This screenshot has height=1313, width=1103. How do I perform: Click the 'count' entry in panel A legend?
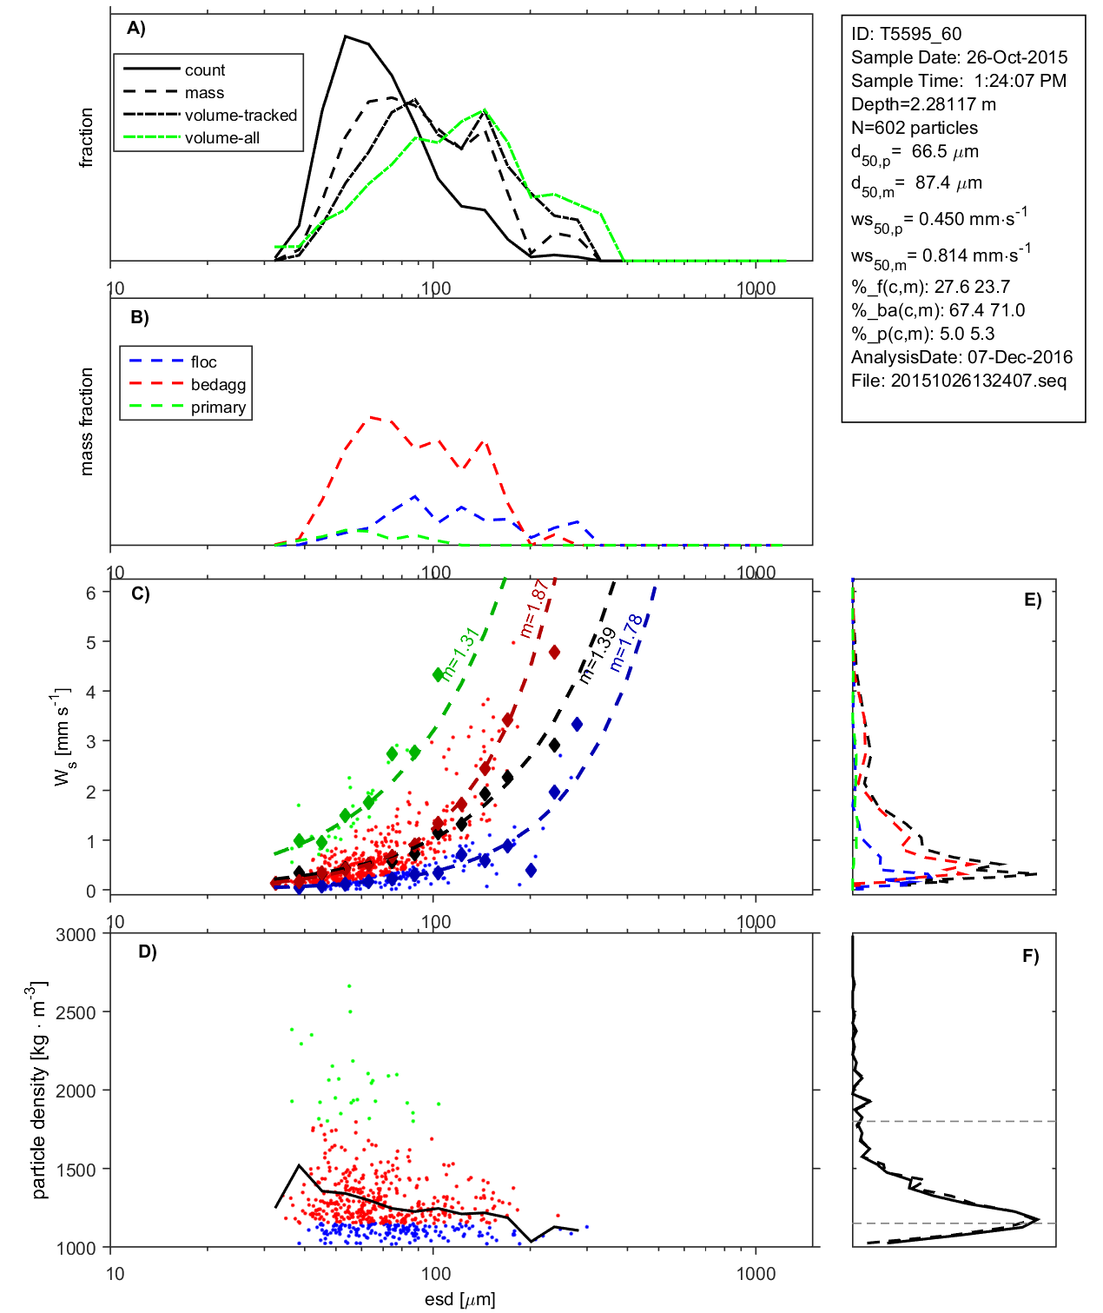[x=204, y=70]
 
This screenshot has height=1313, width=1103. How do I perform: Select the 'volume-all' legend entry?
[x=221, y=138]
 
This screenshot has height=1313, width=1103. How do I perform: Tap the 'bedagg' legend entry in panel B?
[x=218, y=385]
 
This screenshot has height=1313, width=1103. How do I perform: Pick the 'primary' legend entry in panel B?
[x=218, y=408]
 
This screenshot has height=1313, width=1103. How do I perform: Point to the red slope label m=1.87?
[x=532, y=609]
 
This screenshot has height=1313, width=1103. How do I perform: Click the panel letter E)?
[x=1032, y=600]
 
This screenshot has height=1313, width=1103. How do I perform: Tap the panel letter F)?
[x=1030, y=956]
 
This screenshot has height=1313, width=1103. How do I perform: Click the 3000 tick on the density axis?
[x=76, y=935]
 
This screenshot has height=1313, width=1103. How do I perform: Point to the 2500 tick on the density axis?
[x=76, y=1013]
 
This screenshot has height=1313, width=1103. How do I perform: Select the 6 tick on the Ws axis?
[x=90, y=593]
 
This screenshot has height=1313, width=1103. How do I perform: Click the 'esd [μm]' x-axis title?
[x=459, y=1299]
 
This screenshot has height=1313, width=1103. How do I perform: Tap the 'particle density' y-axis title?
[x=38, y=1091]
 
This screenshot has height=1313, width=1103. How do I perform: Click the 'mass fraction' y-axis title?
[x=86, y=421]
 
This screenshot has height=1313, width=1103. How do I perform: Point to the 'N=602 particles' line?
[x=914, y=128]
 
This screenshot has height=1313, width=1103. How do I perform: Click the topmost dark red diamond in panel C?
[x=553, y=652]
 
